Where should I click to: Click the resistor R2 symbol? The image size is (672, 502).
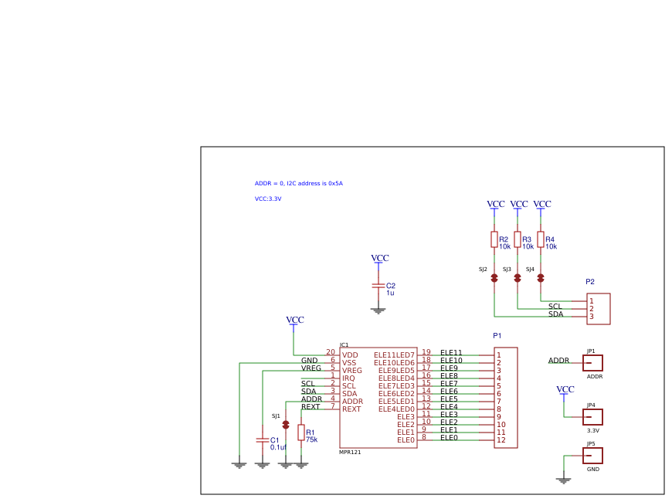494,239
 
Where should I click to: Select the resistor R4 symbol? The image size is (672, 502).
541,239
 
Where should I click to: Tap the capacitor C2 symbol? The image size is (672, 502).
378,285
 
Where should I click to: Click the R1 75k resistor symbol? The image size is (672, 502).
301,432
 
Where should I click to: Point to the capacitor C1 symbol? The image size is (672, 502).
262,439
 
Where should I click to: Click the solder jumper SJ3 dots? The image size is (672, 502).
518,276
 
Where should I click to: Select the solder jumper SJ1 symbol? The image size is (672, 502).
286,425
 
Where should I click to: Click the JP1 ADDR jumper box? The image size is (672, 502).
592,363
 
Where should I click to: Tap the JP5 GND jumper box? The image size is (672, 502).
592,456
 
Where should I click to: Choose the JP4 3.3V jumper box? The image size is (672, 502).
592,417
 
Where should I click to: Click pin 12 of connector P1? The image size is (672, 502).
501,440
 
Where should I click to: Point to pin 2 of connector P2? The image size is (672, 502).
592,309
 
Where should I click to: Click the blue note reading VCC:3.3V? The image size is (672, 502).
268,198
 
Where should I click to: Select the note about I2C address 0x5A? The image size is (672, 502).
298,183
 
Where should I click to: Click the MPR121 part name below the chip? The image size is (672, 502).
350,452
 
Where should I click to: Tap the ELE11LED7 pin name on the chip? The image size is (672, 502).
394,355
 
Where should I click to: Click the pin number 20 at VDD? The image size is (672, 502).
331,352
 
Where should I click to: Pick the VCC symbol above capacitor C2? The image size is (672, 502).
379,259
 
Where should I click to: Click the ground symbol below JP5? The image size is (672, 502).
564,480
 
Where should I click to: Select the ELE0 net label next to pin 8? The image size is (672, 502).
449,438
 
